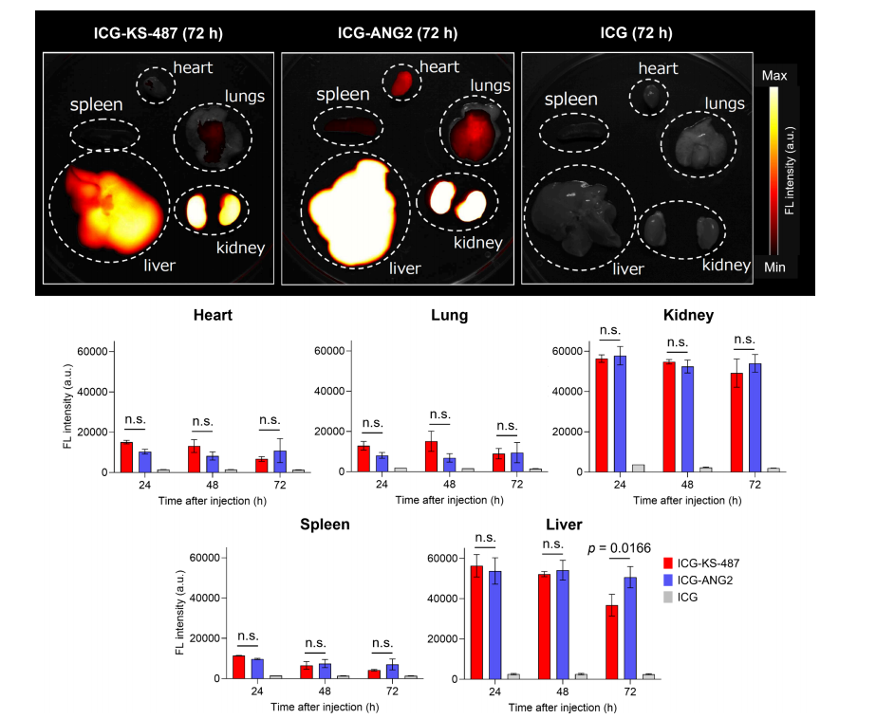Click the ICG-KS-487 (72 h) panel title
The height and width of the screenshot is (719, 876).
(158, 33)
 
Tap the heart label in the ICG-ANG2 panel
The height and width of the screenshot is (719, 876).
(439, 67)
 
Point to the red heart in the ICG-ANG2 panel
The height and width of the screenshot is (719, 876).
(401, 83)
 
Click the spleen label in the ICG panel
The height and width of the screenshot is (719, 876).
(571, 100)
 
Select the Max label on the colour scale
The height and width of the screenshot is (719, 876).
(774, 76)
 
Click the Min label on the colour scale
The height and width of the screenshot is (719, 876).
(774, 267)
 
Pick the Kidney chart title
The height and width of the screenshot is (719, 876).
(688, 316)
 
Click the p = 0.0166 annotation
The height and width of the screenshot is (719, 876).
(620, 549)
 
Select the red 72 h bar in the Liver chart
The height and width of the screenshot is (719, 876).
(612, 642)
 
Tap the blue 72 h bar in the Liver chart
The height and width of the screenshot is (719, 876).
(630, 628)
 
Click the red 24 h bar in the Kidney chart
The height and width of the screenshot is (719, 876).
(602, 415)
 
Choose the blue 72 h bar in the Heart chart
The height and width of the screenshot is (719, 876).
(280, 462)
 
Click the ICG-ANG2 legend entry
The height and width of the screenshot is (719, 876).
(698, 581)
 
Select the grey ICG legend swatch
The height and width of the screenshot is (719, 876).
(668, 598)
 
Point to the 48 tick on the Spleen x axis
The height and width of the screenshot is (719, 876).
(325, 691)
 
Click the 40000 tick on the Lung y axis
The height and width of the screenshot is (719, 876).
(329, 392)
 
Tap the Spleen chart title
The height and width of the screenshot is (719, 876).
(325, 525)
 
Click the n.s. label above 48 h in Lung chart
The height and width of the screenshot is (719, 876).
(439, 415)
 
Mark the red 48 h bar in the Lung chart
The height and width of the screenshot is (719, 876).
(431, 456)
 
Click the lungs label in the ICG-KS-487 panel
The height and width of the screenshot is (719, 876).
(245, 97)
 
